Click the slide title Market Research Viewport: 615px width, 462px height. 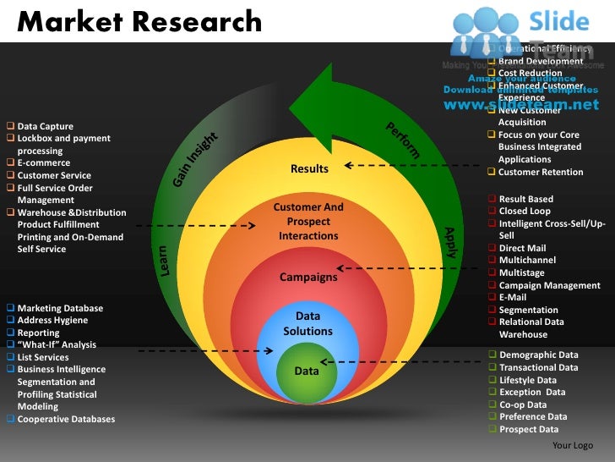point(139,21)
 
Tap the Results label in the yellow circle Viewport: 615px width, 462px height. point(309,169)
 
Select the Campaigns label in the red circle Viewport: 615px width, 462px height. point(308,277)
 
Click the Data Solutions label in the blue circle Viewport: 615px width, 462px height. point(308,323)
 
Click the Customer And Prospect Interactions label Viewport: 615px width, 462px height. point(308,222)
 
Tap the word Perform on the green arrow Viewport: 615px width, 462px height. point(403,140)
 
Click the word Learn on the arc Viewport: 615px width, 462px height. point(163,259)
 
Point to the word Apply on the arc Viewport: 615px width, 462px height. point(450,242)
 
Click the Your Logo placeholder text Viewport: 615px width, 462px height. point(572,446)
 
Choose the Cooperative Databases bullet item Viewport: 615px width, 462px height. point(66,419)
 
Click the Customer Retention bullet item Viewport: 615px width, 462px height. point(541,173)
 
